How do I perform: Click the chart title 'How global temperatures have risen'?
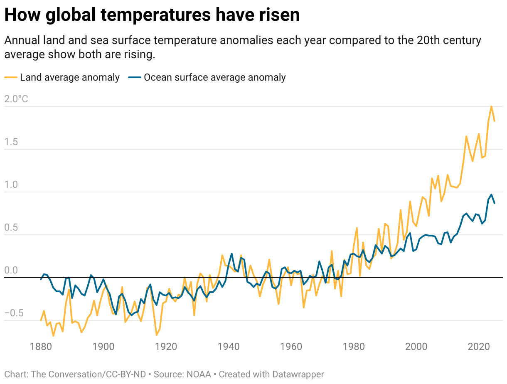[x=152, y=15]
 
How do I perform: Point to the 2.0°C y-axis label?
[x=16, y=99]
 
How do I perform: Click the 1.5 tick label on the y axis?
[x=11, y=142]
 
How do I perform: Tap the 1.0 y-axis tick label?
[x=11, y=185]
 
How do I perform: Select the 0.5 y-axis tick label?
[x=11, y=227]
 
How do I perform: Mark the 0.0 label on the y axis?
[x=11, y=271]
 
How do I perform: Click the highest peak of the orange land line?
[x=491, y=106]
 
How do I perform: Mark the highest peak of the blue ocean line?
[x=491, y=194]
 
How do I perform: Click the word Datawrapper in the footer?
[x=298, y=374]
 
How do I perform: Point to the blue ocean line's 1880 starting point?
[x=41, y=279]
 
